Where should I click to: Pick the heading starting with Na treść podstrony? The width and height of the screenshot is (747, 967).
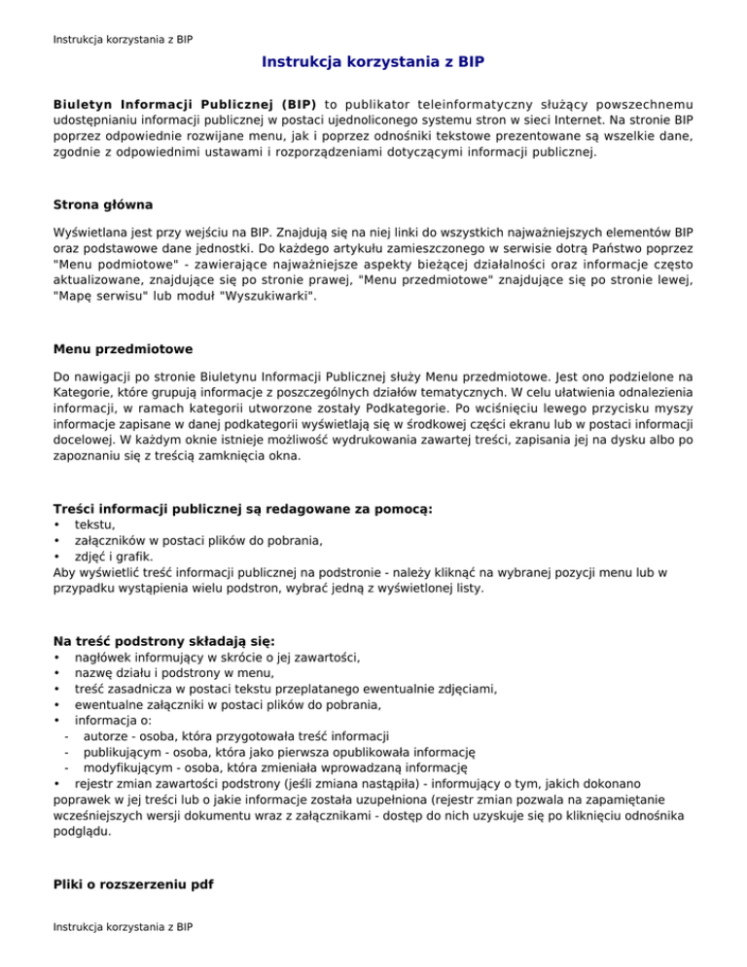(x=164, y=640)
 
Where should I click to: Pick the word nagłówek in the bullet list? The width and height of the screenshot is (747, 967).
(x=107, y=658)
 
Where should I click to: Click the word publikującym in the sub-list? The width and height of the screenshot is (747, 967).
(x=124, y=753)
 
